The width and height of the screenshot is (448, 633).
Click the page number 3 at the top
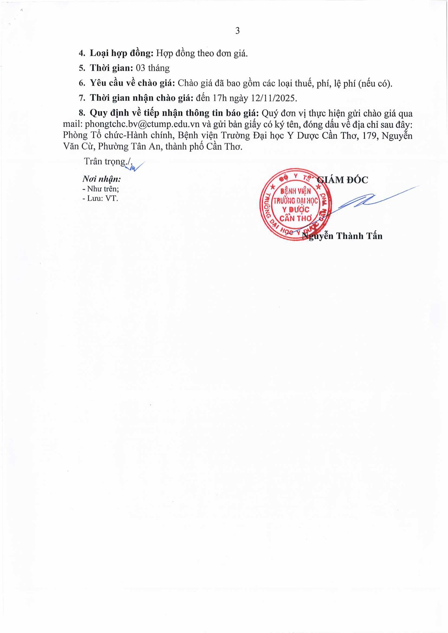[237, 31]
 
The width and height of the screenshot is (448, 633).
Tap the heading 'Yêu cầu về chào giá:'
[133, 83]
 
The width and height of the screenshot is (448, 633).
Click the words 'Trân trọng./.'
[108, 161]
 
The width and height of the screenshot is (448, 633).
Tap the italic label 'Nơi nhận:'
[102, 179]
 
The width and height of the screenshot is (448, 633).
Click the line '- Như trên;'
[101, 189]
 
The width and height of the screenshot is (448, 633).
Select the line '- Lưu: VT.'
[100, 199]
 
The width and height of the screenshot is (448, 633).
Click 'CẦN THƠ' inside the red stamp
[295, 218]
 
